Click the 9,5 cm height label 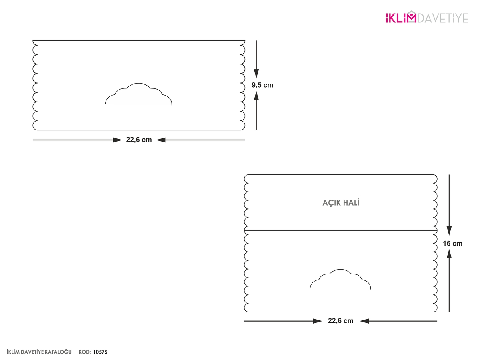262,85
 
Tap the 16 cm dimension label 452,244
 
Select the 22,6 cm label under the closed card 139,140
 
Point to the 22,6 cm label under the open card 340,321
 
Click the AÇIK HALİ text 341,203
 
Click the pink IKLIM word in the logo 401,17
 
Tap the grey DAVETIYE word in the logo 443,18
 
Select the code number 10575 100,352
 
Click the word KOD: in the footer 85,352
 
